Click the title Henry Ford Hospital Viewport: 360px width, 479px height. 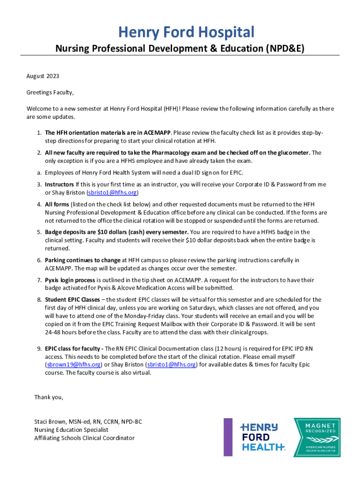point(186,32)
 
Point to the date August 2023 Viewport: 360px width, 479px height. point(43,76)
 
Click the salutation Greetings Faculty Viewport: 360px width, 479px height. point(50,92)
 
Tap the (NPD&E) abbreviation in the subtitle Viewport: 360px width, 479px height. point(280,48)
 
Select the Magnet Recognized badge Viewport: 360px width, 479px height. point(317,437)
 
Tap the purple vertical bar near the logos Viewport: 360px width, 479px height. point(228,437)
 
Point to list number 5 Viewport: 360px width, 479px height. point(39,232)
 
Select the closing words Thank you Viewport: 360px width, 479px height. point(49,397)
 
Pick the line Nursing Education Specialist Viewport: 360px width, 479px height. point(71,429)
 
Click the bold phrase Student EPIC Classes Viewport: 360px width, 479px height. point(72,299)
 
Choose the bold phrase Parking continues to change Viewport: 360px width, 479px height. point(83,260)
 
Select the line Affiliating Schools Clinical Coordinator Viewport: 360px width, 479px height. point(84,438)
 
